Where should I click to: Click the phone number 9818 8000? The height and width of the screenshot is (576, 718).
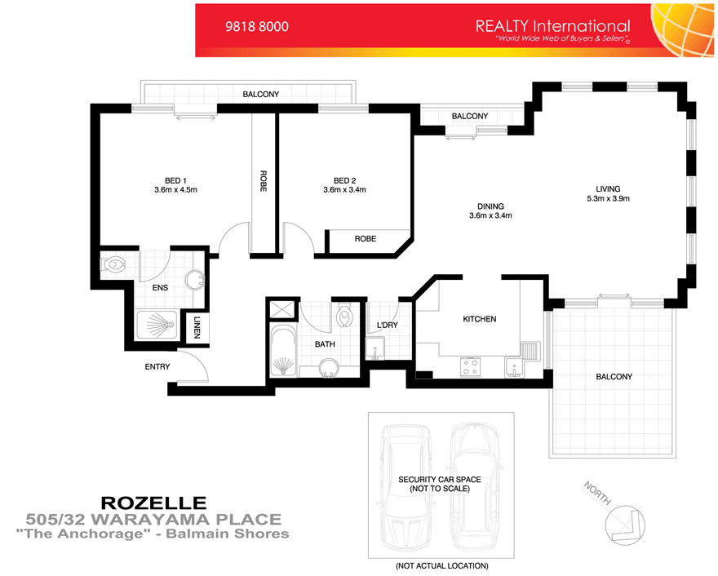tap(256, 26)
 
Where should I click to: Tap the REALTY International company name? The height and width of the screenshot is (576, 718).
tap(552, 25)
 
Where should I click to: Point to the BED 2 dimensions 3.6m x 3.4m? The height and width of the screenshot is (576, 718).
tap(344, 190)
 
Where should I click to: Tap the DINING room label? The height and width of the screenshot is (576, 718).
tap(490, 206)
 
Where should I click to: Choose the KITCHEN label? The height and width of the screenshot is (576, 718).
tap(479, 319)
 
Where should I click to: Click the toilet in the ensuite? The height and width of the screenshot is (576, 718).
tap(115, 264)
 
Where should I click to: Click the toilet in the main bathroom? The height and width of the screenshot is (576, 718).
tap(344, 314)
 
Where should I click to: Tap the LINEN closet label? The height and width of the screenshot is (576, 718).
tap(197, 330)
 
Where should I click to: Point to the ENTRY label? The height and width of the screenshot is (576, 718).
tap(157, 367)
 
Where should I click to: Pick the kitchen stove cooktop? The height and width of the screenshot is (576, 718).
tap(471, 366)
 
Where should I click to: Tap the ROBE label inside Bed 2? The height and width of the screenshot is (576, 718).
tap(365, 240)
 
